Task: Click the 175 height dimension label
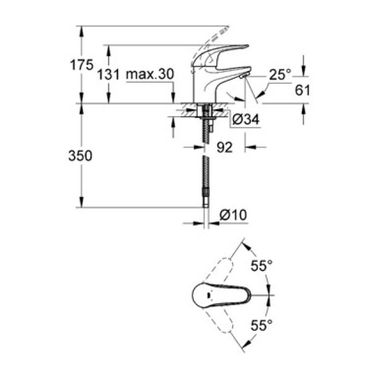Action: [83, 64]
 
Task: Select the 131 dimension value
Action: [109, 74]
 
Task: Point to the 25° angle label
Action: [280, 75]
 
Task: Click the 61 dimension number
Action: [303, 90]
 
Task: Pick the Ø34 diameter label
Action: [246, 119]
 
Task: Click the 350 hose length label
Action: [80, 155]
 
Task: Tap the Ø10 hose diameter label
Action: [233, 215]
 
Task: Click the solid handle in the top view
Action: [221, 295]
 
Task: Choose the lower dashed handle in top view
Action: [224, 327]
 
